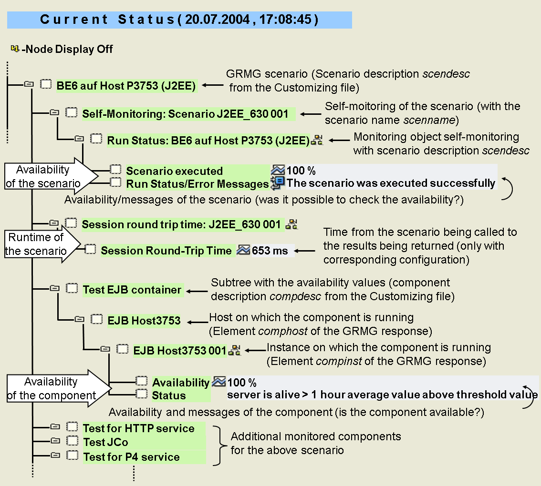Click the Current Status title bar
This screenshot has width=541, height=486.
(179, 20)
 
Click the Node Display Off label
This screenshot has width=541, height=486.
(67, 49)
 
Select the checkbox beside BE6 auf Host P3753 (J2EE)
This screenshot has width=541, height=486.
(45, 84)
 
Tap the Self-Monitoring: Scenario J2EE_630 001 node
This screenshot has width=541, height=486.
(185, 114)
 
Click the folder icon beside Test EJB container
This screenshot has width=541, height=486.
(54, 288)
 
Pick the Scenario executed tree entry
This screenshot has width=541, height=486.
(174, 171)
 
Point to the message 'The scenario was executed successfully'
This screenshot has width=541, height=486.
(391, 183)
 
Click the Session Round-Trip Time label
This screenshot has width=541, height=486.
(166, 251)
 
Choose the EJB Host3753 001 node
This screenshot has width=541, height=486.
(179, 351)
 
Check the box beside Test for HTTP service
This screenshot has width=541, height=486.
(72, 427)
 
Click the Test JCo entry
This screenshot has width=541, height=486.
(105, 442)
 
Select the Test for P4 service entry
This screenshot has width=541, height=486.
(131, 457)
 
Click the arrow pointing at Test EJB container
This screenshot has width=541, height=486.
(196, 291)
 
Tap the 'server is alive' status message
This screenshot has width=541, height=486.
(382, 395)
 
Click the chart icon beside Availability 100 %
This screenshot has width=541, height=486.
(218, 382)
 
